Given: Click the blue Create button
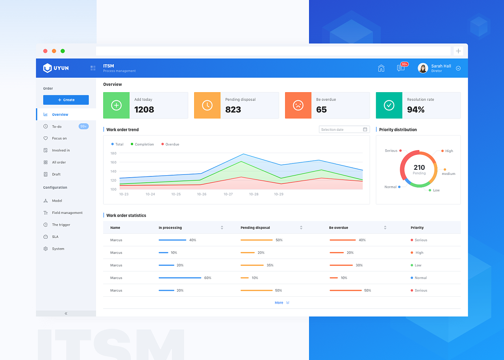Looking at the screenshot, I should point(66,100).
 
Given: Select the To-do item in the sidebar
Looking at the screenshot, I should point(57,126).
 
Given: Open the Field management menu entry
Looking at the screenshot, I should point(67,213).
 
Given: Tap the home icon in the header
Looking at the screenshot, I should point(381,68).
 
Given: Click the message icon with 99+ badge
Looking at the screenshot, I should point(401,68).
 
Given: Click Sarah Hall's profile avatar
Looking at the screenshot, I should point(423,68).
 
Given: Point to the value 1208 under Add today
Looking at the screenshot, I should point(144,109).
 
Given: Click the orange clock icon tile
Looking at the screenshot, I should point(207,105).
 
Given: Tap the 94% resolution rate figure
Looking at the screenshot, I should point(416,109).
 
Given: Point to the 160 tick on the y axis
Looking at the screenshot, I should point(113,162).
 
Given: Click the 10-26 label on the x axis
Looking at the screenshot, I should point(202,194).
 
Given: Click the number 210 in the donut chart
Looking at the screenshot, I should point(419,167).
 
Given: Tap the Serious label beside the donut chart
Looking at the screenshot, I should point(391,151).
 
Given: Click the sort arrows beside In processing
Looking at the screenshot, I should point(222,228).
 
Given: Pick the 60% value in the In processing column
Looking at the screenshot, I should point(208,278).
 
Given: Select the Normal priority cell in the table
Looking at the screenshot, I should point(420,278).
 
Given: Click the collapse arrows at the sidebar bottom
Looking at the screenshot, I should point(66,314).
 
